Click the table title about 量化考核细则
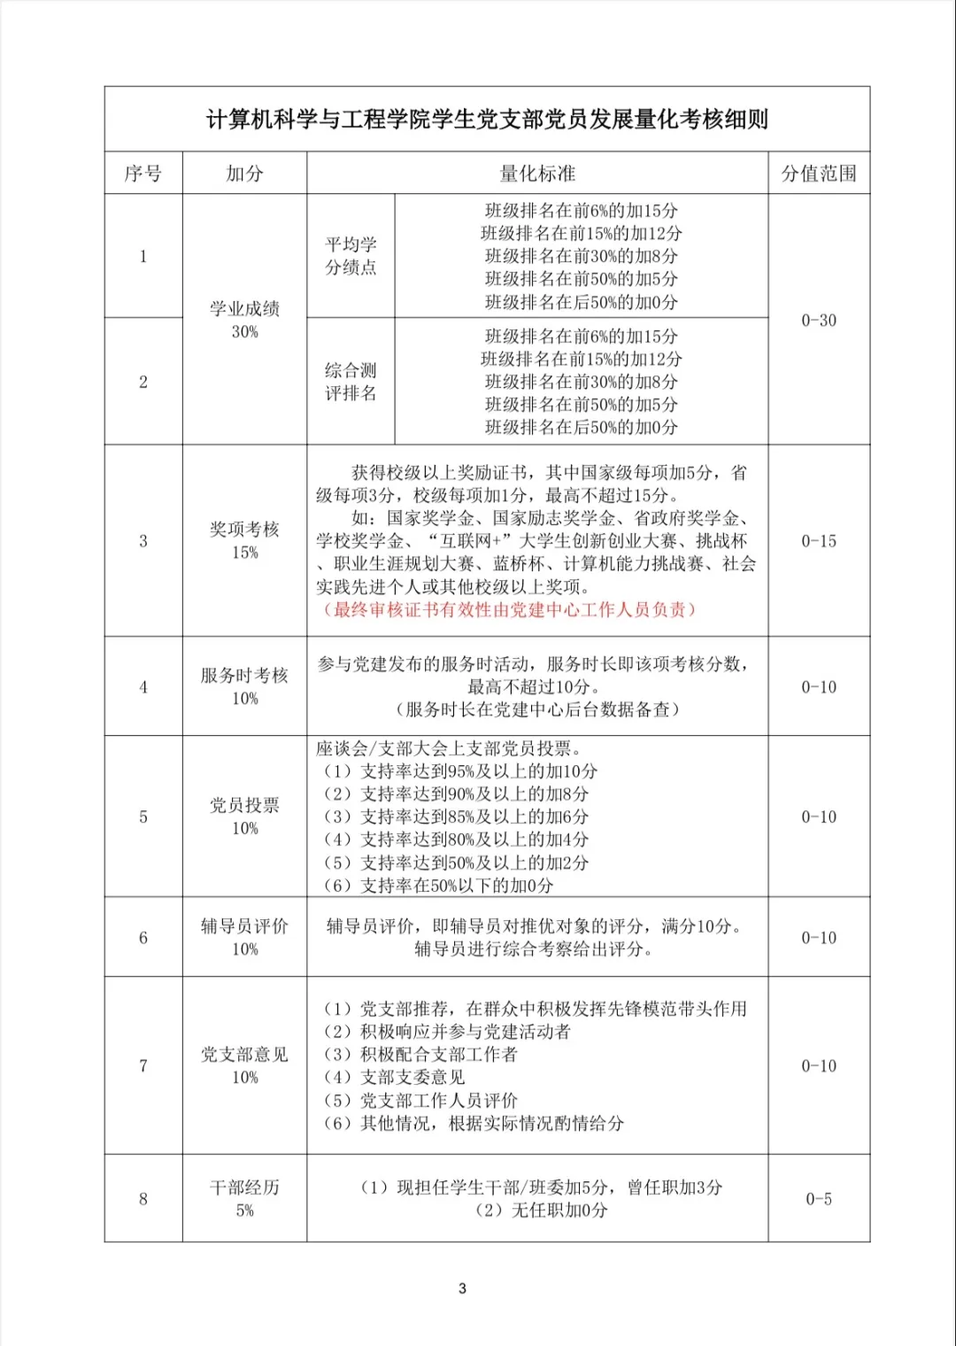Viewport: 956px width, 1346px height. (487, 120)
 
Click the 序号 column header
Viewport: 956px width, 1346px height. (143, 174)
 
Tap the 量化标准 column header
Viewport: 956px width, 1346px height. (537, 174)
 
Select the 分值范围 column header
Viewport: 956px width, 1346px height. (819, 174)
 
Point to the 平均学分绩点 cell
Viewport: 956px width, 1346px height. (351, 256)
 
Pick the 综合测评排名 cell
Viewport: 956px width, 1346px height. (351, 382)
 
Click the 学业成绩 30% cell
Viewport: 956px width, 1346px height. (244, 320)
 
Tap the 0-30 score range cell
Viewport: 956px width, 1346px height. (819, 321)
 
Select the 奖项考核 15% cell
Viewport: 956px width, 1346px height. (244, 540)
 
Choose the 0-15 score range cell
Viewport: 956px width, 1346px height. (819, 541)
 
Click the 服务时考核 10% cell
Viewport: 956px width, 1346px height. (244, 686)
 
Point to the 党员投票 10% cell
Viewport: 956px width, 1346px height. (244, 816)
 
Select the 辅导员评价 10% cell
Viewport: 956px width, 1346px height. (244, 937)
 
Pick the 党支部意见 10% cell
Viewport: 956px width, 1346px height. (244, 1065)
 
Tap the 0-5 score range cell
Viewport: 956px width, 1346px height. (819, 1199)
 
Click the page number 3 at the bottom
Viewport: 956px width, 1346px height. (462, 1288)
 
